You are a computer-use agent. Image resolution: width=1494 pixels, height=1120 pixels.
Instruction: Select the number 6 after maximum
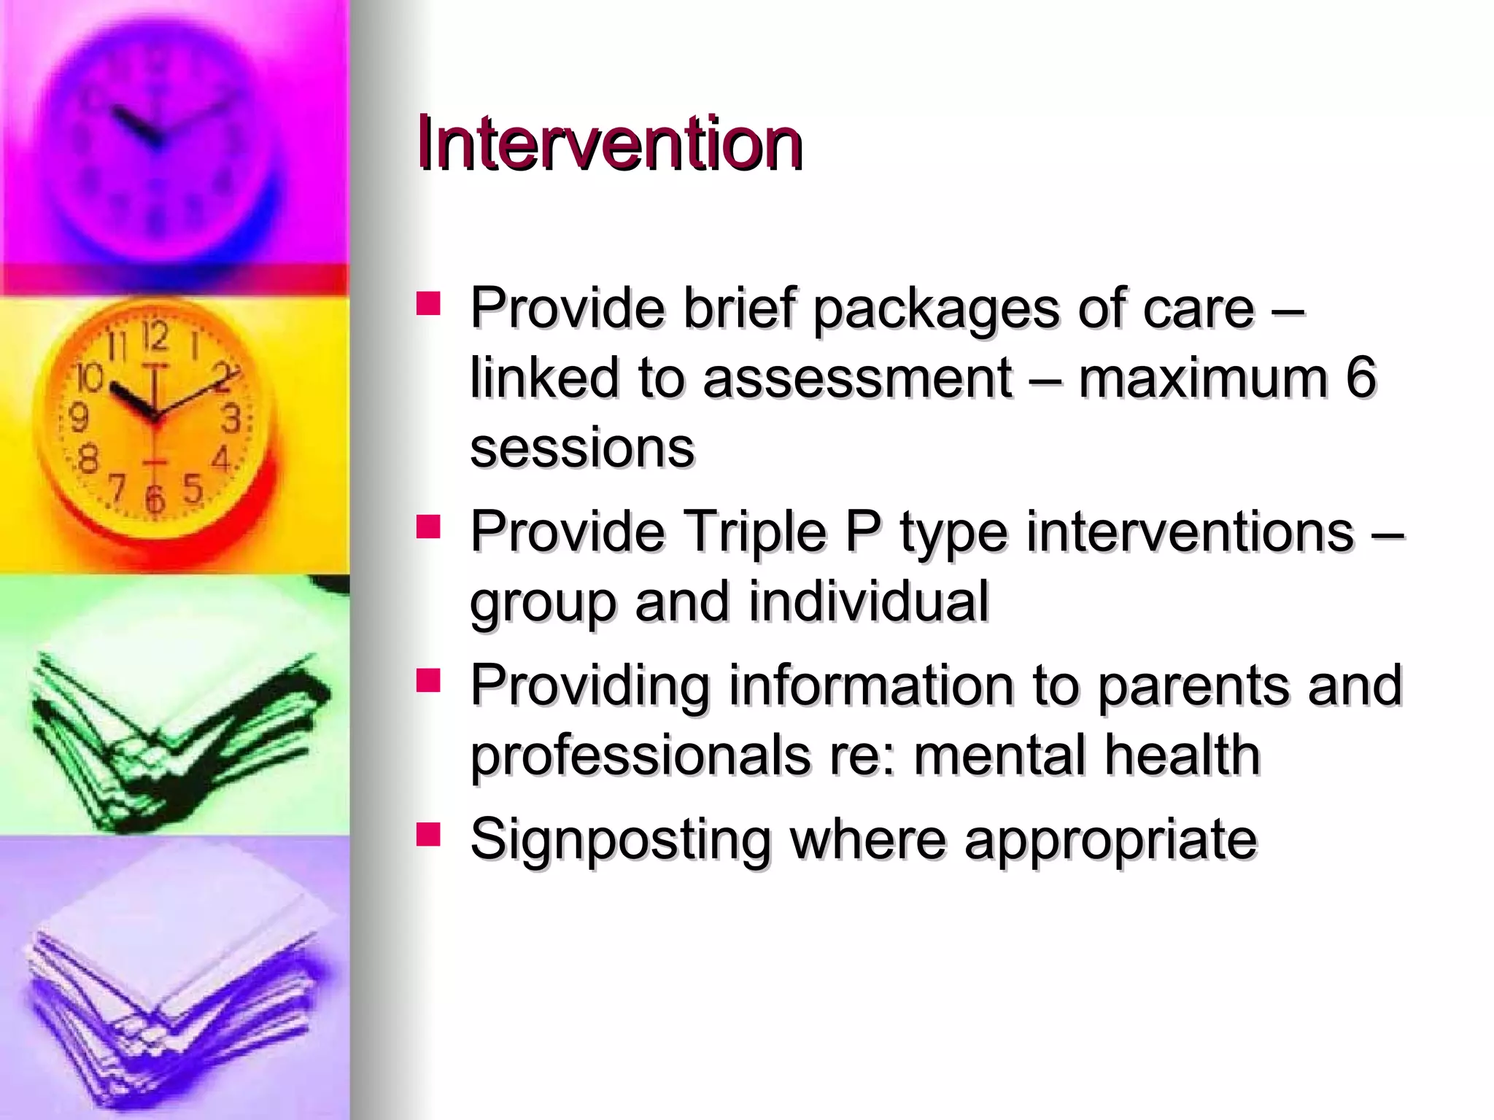pyautogui.click(x=1361, y=378)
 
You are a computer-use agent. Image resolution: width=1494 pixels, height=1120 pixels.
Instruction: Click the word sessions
pyautogui.click(x=582, y=448)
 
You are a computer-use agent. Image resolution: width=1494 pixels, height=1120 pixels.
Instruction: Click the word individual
pyautogui.click(x=868, y=602)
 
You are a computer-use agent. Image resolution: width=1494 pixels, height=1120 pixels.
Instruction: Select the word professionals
pyautogui.click(x=640, y=755)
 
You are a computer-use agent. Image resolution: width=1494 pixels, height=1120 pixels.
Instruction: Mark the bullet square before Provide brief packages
pyautogui.click(x=428, y=303)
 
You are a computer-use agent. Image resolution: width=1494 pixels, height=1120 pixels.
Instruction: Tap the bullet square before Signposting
pyautogui.click(x=428, y=833)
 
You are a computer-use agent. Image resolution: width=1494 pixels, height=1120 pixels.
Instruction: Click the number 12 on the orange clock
pyautogui.click(x=155, y=338)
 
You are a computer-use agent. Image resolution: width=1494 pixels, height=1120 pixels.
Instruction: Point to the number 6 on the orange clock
pyautogui.click(x=154, y=499)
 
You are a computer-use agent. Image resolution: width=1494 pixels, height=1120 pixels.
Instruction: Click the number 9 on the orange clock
pyautogui.click(x=78, y=418)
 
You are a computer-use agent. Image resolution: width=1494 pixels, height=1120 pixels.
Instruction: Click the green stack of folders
pyautogui.click(x=175, y=736)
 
